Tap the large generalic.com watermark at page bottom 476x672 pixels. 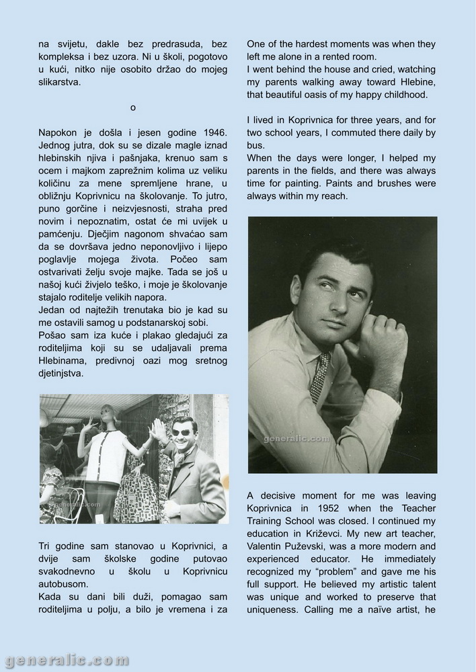tap(66, 661)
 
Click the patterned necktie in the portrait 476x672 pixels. tap(320, 376)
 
